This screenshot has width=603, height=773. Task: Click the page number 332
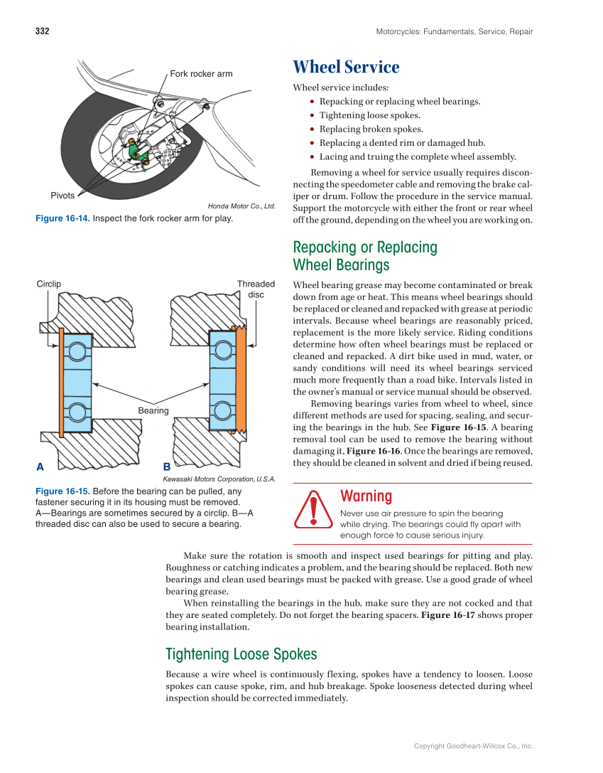point(42,31)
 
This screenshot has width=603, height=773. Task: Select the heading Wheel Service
point(346,68)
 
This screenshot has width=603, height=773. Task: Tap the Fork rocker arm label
point(201,74)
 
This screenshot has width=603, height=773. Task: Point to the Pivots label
point(63,196)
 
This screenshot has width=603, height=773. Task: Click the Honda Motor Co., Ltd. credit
point(241,206)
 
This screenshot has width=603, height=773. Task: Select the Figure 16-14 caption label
point(63,218)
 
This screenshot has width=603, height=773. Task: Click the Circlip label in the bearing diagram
point(49,284)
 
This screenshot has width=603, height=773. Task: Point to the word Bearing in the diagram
point(153,410)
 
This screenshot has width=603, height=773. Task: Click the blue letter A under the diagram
point(40,467)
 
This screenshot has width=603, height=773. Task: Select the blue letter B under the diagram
point(166,467)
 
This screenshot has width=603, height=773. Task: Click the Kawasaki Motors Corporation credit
point(219,479)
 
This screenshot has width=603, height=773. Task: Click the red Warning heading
point(366,496)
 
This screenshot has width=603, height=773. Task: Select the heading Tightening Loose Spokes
point(241,654)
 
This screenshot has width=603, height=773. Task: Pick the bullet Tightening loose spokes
point(369,115)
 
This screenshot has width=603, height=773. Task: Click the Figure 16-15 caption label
point(63,491)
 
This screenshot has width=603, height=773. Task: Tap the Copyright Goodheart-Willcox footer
point(473,746)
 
